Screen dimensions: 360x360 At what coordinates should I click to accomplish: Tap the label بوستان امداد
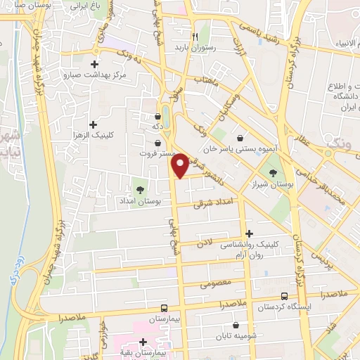coord(143,202)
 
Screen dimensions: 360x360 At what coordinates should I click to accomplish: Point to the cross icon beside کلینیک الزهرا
coord(94,124)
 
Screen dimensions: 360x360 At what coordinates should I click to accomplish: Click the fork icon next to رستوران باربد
coord(197,37)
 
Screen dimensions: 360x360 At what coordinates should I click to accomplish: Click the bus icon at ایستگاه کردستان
coord(284,296)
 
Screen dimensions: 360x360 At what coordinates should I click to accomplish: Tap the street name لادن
coord(204,241)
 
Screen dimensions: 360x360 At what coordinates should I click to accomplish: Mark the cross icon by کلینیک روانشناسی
coord(249,233)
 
